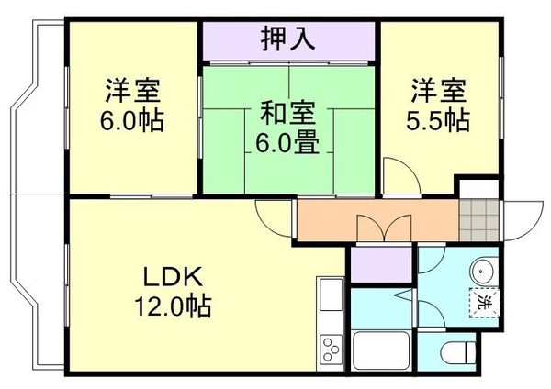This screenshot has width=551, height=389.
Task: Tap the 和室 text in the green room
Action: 288,115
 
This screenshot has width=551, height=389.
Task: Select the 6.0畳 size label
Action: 288,143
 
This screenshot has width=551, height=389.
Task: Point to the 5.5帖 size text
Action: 438,119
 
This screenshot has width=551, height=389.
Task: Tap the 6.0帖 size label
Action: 133,119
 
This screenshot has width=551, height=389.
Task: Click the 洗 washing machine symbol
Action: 483,300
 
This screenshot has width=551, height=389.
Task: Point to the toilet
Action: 456,351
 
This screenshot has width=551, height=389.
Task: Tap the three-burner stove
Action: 330,350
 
